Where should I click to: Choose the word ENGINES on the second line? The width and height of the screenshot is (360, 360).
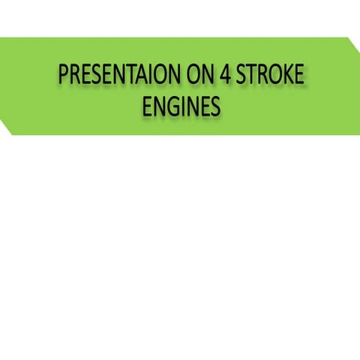point(181,107)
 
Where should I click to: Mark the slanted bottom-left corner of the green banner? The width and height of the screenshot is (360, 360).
point(7,130)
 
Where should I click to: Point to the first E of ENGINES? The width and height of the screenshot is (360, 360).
point(146,107)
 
